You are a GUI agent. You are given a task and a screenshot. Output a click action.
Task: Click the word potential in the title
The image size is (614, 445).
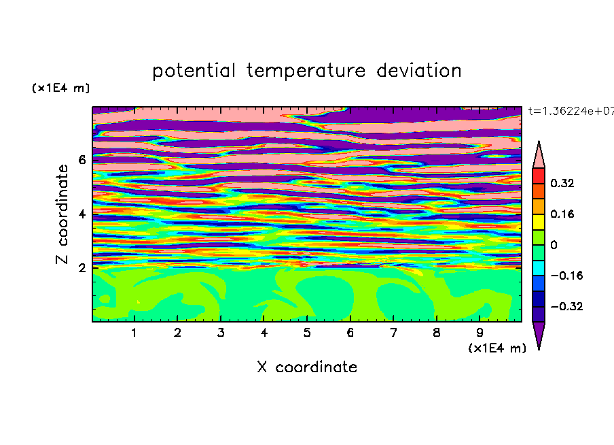pos(194,71)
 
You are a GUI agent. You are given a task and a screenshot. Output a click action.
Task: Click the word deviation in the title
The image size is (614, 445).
pos(418,70)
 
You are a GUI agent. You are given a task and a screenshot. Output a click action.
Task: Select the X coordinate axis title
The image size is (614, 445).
pos(307,367)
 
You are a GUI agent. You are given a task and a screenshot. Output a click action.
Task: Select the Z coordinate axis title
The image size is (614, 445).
pos(62,214)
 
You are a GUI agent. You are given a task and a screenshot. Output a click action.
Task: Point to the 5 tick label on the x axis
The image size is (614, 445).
pos(307,333)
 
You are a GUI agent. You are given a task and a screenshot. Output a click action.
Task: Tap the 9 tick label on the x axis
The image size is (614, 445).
pos(480,333)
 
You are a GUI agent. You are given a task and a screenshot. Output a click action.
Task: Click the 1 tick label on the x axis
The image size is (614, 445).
pos(134,333)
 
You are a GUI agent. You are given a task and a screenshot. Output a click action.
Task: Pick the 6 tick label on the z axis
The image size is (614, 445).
pos(82,160)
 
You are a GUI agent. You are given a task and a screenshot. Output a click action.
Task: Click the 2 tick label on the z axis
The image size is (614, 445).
pos(82,268)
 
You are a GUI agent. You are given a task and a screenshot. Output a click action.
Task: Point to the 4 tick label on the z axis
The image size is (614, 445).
pos(82,214)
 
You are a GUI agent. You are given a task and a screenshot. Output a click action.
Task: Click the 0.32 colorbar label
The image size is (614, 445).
pos(562,183)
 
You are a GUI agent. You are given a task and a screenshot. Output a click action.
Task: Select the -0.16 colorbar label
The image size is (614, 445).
pos(566,276)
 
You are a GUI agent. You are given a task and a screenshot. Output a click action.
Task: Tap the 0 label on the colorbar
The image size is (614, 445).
pos(554,245)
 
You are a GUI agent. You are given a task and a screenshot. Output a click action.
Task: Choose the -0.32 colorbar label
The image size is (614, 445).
pos(566,306)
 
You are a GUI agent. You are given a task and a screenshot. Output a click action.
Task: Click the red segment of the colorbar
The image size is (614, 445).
pos(539,176)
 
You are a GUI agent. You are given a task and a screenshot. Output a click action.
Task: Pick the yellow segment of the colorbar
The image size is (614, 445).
pos(539,222)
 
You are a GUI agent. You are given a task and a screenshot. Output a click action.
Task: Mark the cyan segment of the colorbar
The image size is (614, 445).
pos(539,268)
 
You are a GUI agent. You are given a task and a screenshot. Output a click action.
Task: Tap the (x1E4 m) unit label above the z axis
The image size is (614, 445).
pos(60,88)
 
